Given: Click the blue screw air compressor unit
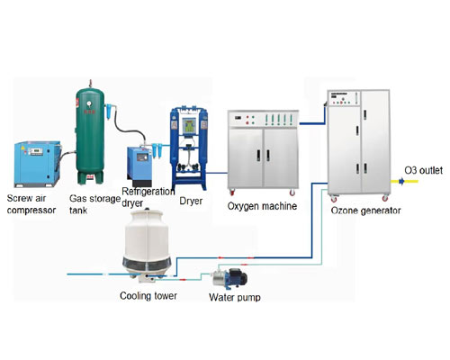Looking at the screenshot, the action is (x=38, y=164).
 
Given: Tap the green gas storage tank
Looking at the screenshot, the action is (x=90, y=134).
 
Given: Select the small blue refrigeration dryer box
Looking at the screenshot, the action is (x=139, y=166).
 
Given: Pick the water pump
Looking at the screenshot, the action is (x=229, y=278).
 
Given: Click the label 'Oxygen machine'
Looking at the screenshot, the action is (x=262, y=206).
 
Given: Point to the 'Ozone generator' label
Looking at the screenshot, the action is (x=365, y=211).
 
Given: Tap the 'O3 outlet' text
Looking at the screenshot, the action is (x=424, y=170).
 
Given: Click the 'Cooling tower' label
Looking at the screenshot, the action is (x=148, y=296).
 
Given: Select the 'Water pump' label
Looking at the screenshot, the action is (x=235, y=297).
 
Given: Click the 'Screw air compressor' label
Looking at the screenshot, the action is (x=31, y=204).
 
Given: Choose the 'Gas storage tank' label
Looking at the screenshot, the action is (x=94, y=204).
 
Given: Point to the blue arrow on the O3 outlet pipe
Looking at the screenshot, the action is (x=401, y=181).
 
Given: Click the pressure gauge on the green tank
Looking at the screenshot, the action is (x=89, y=103).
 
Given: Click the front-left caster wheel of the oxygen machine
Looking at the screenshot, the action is (x=231, y=193).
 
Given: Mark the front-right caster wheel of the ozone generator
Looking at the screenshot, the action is (x=385, y=198).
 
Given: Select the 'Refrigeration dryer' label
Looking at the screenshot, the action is (x=148, y=197).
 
